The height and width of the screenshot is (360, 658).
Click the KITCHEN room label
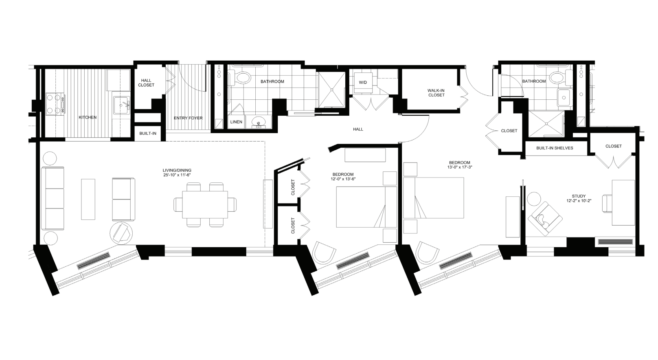(88, 117)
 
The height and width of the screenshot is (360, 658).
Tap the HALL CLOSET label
(146, 83)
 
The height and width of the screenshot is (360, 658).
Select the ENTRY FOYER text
(188, 118)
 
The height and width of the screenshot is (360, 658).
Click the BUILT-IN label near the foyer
(147, 133)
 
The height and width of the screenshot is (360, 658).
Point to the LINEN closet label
(236, 122)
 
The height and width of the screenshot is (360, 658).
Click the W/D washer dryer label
(362, 82)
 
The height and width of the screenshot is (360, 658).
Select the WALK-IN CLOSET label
(436, 93)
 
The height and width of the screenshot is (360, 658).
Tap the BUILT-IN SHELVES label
(554, 148)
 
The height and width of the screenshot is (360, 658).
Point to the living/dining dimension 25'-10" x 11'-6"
(177, 175)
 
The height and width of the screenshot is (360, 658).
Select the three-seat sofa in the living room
(53, 198)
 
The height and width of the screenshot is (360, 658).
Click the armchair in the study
(544, 219)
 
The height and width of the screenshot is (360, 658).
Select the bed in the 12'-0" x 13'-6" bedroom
(366, 207)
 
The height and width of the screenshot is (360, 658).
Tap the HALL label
(358, 129)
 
